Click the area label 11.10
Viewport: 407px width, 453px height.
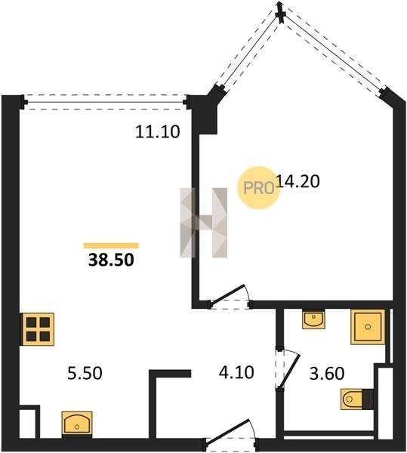[x=158, y=131]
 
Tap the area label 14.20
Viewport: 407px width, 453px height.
[x=298, y=181]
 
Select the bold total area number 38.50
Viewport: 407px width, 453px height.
[x=111, y=260]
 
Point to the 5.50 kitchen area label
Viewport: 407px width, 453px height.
[x=85, y=373]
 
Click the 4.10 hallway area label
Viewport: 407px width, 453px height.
[x=236, y=372]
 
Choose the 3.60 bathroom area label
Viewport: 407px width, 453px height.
[x=327, y=373]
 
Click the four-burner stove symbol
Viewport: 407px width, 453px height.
[x=38, y=329]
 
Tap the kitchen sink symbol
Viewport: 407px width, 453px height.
[x=77, y=423]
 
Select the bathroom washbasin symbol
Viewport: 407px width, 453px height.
[x=313, y=319]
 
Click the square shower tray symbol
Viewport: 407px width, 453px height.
[x=368, y=327]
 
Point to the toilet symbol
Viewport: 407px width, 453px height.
[x=357, y=399]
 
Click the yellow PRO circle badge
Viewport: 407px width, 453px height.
[x=258, y=188]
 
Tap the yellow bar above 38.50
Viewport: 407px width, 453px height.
[x=111, y=245]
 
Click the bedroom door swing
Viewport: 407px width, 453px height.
[x=230, y=296]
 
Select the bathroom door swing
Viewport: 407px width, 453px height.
[x=289, y=369]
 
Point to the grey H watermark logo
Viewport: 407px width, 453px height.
[x=204, y=223]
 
